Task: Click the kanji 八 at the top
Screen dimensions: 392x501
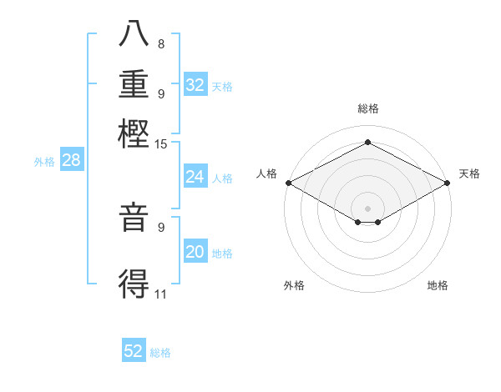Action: click(x=134, y=35)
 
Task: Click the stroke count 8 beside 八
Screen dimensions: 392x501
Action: click(x=161, y=44)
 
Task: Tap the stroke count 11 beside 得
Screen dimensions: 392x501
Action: click(x=161, y=294)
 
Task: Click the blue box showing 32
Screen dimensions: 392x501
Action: click(x=195, y=85)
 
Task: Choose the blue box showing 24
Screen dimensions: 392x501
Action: click(x=195, y=177)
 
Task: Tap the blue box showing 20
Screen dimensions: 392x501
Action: click(x=195, y=252)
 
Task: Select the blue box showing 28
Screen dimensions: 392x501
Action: click(x=71, y=161)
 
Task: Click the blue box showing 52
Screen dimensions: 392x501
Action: click(x=134, y=351)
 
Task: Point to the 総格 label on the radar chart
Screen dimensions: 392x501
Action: click(x=367, y=108)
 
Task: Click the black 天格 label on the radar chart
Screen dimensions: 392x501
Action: click(x=469, y=173)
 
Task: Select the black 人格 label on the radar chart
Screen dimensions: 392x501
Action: click(x=266, y=173)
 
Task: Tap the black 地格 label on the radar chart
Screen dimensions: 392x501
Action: click(x=438, y=286)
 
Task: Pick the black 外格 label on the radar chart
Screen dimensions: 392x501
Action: click(x=294, y=286)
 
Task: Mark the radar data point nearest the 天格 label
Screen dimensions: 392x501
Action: click(x=448, y=183)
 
